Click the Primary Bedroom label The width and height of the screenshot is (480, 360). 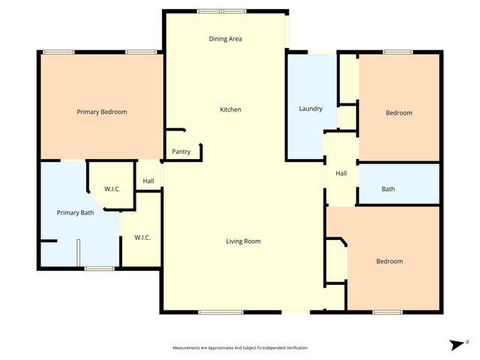pos(102,112)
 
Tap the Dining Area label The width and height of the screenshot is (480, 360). pos(225,39)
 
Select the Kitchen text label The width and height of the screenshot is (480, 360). pos(230,110)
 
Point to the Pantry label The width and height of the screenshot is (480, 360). pos(181,151)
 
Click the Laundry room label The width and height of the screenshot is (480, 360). pos(310,109)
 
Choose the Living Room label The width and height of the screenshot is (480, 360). pos(243,241)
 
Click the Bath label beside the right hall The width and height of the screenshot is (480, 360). pos(388,189)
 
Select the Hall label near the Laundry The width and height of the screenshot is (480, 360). pos(341,173)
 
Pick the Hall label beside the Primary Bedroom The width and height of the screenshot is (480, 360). pos(148,181)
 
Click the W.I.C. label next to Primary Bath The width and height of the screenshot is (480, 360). pos(112,188)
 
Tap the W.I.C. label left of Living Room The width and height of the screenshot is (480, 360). pos(142,238)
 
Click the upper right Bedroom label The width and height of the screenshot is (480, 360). pos(399,113)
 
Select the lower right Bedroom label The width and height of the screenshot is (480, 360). pos(389,261)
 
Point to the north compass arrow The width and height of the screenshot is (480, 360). pos(456,344)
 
